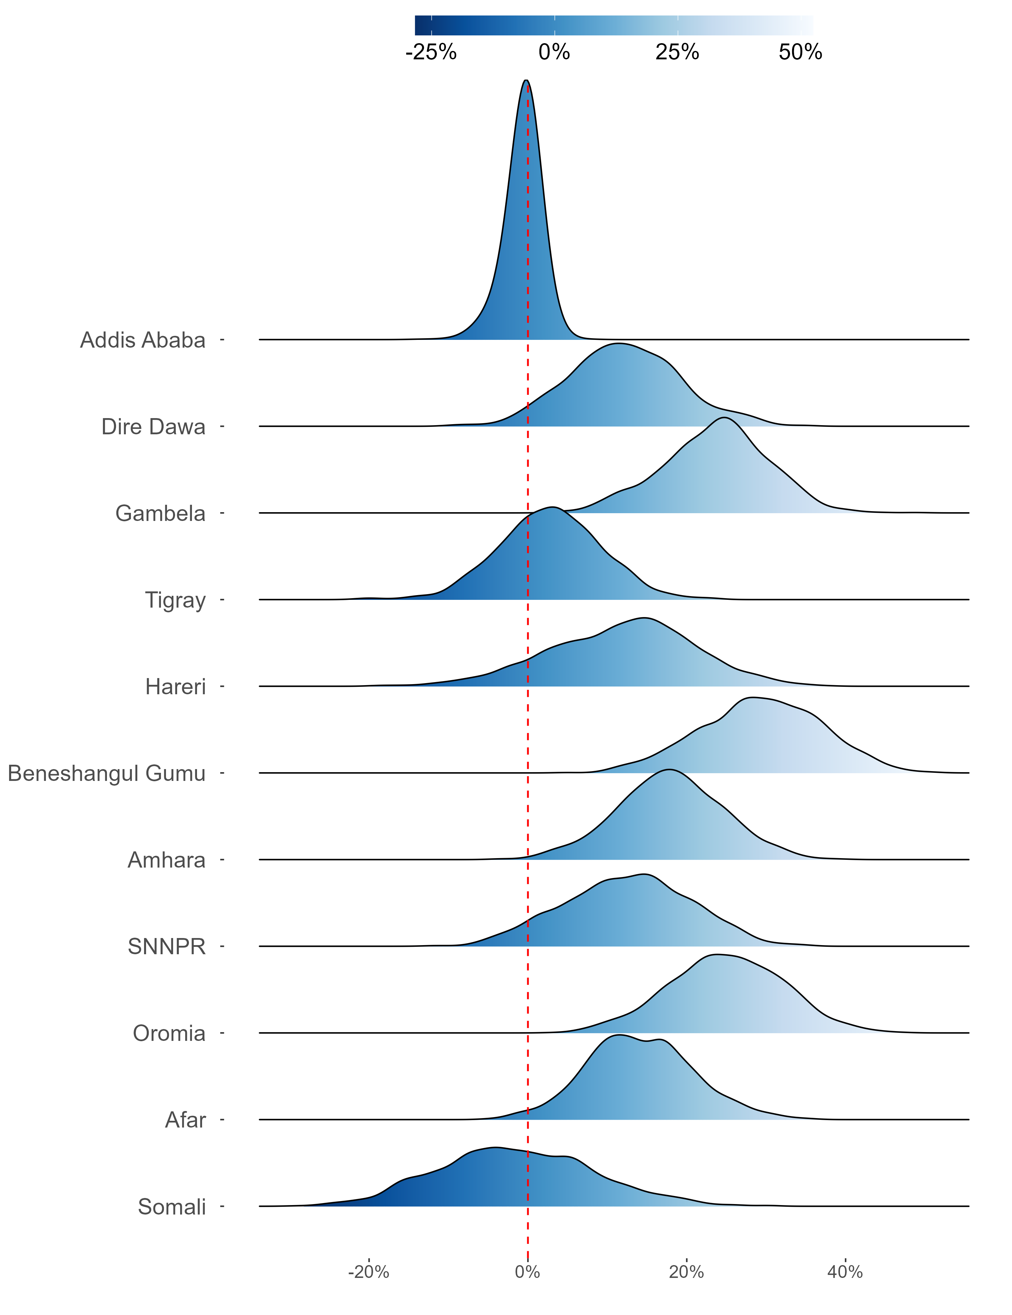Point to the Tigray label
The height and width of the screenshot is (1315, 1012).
[175, 600]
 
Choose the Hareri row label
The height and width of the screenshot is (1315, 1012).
[175, 687]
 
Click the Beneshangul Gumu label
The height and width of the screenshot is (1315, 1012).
[107, 774]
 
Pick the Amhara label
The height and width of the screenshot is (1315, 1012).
[167, 860]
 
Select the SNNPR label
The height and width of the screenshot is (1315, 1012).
[167, 947]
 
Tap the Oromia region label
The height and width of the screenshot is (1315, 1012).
[169, 1034]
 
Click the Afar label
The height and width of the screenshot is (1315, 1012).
[186, 1120]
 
